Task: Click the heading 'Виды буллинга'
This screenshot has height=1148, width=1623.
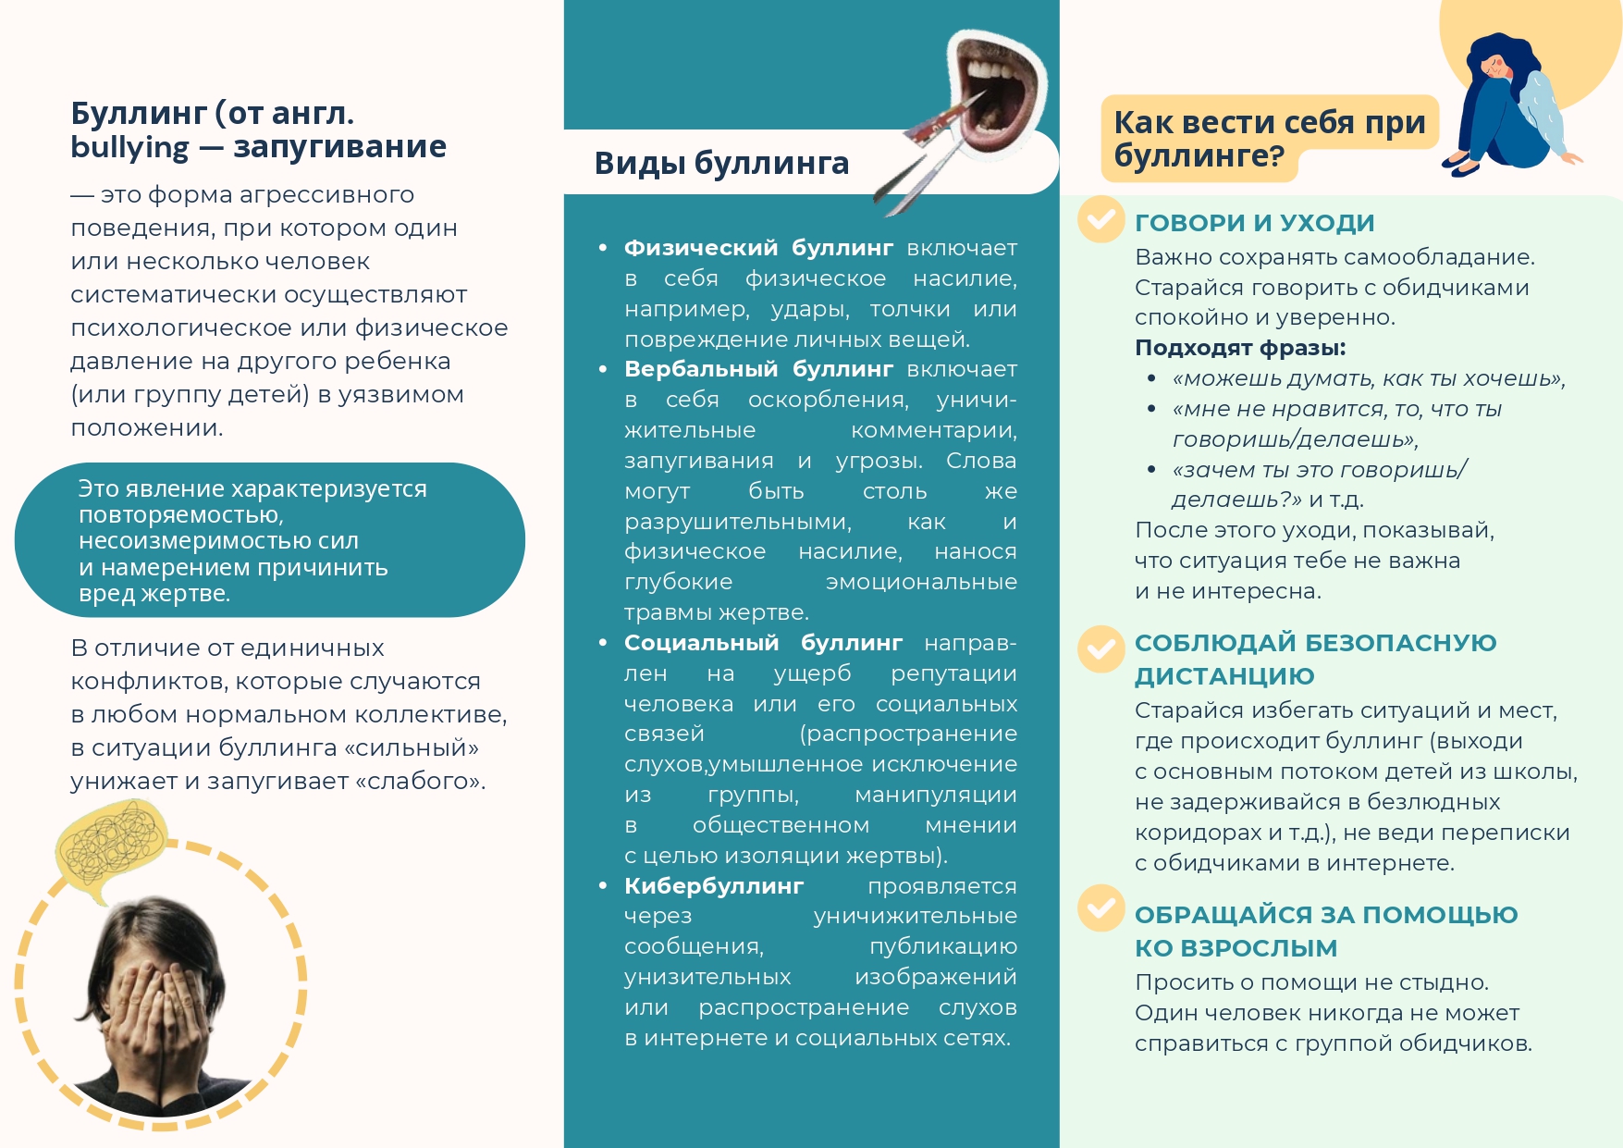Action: point(721,163)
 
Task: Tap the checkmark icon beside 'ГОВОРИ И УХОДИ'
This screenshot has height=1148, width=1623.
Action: point(1100,219)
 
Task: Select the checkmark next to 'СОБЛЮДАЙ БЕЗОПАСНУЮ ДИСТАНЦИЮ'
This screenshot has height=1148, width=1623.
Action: point(1100,648)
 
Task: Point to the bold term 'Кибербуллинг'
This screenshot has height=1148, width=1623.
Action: point(714,886)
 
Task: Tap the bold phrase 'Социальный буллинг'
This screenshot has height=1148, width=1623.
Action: point(763,643)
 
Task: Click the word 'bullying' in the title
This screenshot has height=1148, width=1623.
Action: point(129,148)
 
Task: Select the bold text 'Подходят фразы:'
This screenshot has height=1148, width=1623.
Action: point(1240,348)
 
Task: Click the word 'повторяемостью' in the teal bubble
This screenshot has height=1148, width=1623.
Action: point(180,514)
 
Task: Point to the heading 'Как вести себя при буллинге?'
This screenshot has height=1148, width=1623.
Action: point(1269,139)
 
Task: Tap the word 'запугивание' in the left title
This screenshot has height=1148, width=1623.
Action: point(339,148)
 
